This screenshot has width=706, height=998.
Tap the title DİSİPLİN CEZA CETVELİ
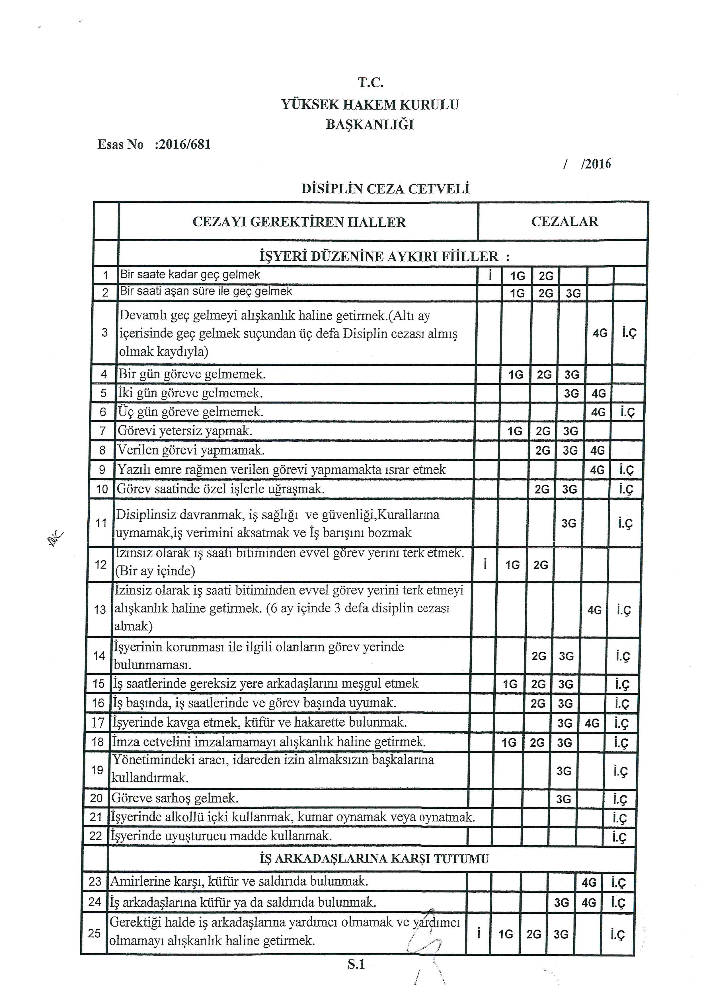(x=386, y=189)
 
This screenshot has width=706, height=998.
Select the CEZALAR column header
(x=564, y=222)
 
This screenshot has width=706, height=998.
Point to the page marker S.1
(x=356, y=964)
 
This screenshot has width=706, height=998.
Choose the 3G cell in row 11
(x=569, y=523)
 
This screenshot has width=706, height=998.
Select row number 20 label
(x=96, y=798)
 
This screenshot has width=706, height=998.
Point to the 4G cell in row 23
(x=589, y=882)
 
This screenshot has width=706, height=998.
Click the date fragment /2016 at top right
(x=596, y=164)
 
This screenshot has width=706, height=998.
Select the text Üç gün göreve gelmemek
(x=190, y=411)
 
